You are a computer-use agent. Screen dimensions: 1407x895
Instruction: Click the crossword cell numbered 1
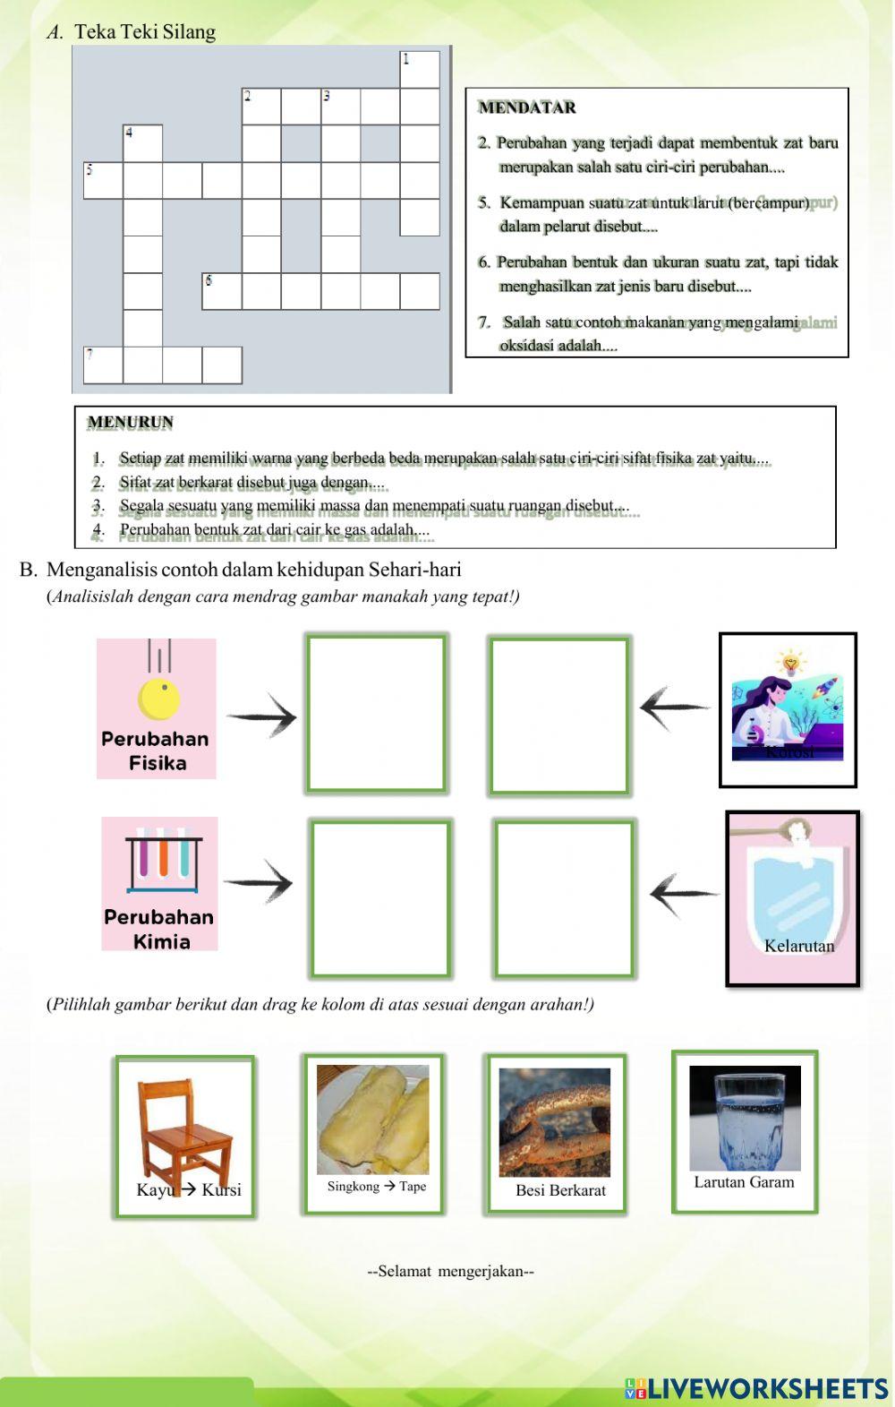pyautogui.click(x=420, y=70)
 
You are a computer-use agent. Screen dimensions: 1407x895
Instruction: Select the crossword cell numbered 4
pyautogui.click(x=143, y=143)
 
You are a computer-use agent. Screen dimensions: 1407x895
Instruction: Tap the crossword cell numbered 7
pyautogui.click(x=103, y=365)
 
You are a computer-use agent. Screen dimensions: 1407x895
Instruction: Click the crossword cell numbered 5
pyautogui.click(x=103, y=180)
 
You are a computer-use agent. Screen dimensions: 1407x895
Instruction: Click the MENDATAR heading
pyautogui.click(x=527, y=107)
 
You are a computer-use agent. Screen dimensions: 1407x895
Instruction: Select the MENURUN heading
pyautogui.click(x=131, y=422)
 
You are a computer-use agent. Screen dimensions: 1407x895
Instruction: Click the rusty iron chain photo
pyautogui.click(x=555, y=1122)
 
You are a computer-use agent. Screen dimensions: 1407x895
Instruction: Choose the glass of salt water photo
pyautogui.click(x=745, y=1118)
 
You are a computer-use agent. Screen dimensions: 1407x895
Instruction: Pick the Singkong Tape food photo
pyautogui.click(x=373, y=1120)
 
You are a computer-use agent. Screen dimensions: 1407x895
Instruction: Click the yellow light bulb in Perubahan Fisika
pyautogui.click(x=159, y=697)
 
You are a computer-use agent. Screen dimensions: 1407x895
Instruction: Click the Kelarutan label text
pyautogui.click(x=799, y=946)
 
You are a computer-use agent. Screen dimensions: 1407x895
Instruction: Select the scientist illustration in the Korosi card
pyautogui.click(x=788, y=708)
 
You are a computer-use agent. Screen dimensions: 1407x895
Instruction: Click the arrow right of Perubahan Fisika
pyautogui.click(x=261, y=716)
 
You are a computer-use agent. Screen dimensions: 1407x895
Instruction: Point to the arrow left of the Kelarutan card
pyautogui.click(x=684, y=893)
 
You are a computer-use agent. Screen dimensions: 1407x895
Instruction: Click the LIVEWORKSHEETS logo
pyautogui.click(x=756, y=1387)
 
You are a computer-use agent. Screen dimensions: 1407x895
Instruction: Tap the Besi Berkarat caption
pyautogui.click(x=560, y=1190)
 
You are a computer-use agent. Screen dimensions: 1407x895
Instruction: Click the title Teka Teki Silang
pyautogui.click(x=145, y=32)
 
